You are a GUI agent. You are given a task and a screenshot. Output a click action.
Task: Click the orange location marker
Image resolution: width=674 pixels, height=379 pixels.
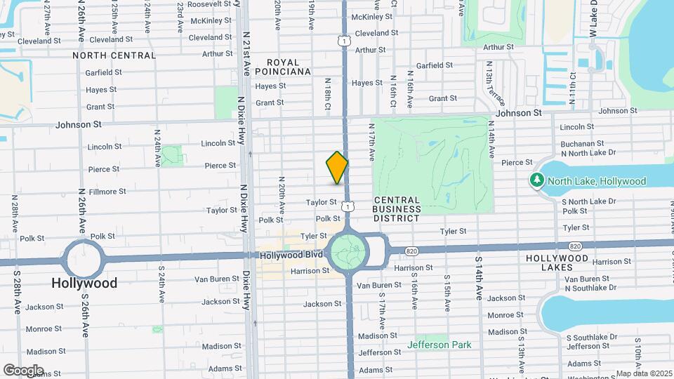337,168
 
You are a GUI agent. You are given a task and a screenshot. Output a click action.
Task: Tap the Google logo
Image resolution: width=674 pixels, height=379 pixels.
23,370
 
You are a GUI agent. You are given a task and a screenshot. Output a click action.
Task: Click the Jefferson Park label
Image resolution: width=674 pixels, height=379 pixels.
440,345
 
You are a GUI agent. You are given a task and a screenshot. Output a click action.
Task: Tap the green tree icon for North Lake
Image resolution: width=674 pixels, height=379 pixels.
538,181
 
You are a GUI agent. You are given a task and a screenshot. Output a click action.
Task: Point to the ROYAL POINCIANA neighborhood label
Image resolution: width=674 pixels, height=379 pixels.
283,67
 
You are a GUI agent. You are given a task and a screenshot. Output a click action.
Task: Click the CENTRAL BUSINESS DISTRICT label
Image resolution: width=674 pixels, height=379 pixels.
397,209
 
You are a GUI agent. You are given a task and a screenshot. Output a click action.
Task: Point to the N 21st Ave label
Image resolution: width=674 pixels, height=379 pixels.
246,53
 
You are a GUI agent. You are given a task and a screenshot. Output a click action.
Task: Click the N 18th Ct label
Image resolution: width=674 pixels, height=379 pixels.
327,94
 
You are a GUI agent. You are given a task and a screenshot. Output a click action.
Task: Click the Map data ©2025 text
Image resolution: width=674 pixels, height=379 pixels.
644,373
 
